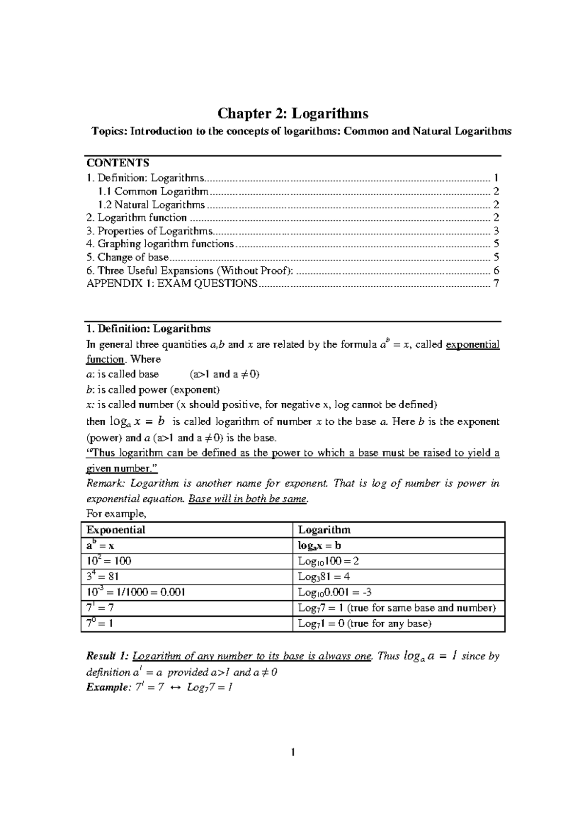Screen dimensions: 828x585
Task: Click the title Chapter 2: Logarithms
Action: (292, 114)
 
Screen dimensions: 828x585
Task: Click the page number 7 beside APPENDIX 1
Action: (496, 283)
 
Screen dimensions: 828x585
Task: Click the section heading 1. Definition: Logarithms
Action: (148, 329)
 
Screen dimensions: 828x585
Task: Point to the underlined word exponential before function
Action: (473, 345)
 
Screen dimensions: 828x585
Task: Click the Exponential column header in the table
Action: (116, 530)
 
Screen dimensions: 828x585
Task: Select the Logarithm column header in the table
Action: (324, 530)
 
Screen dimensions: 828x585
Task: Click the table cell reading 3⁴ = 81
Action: (102, 577)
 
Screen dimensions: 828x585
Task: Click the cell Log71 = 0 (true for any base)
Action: (365, 624)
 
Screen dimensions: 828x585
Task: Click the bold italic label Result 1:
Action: (108, 656)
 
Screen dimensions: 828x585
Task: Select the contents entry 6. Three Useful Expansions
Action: (190, 271)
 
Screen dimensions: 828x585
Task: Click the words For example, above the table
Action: (116, 514)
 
